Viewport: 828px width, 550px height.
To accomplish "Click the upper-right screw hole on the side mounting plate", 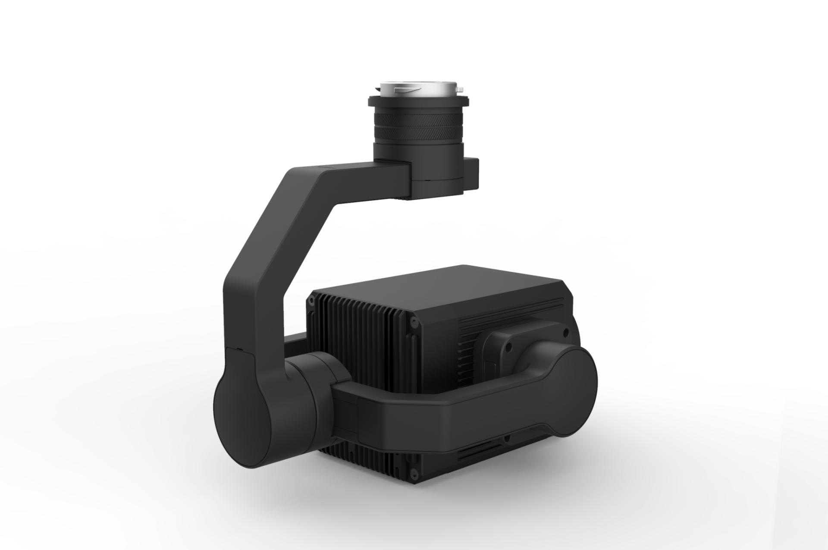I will point(565,333).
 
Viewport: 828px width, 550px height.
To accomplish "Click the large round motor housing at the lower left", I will point(244,418).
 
